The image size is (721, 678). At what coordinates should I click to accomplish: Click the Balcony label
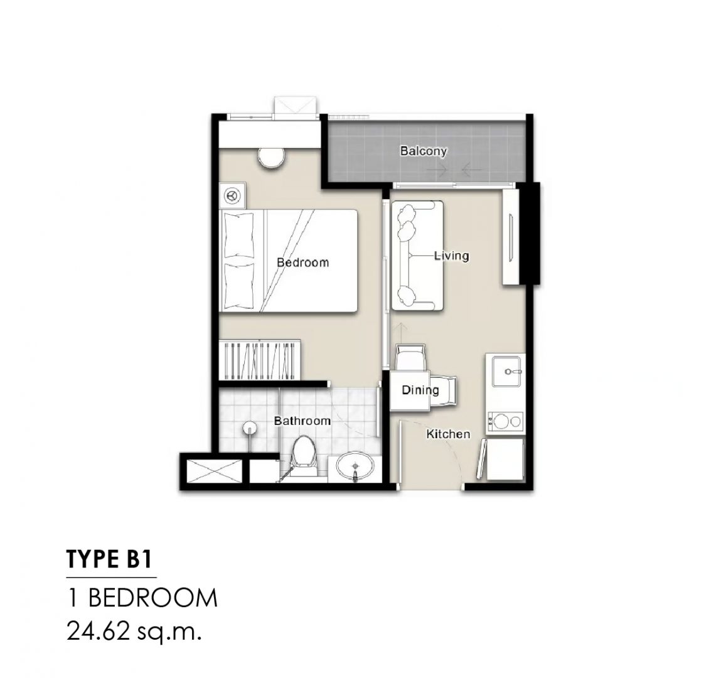tap(423, 151)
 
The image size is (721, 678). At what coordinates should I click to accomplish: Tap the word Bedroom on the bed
tap(302, 262)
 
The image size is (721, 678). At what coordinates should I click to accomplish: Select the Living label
tap(452, 256)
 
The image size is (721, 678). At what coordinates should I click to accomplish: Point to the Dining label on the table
tap(420, 390)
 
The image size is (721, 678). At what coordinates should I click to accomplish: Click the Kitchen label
tap(448, 434)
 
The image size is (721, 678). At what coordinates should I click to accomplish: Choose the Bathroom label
tap(302, 421)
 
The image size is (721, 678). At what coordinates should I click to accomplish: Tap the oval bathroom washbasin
tap(355, 467)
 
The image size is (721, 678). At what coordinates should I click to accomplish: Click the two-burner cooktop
tap(505, 421)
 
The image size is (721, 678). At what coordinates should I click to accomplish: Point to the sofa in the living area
tap(417, 256)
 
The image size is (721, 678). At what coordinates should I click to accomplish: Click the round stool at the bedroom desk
tap(271, 158)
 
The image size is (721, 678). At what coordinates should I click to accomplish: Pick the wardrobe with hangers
tap(260, 360)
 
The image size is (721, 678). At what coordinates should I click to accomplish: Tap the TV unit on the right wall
tap(511, 237)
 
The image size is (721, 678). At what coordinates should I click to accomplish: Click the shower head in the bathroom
tap(249, 428)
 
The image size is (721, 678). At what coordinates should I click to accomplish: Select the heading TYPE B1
tap(109, 559)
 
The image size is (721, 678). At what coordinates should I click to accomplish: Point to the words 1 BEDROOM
tap(142, 598)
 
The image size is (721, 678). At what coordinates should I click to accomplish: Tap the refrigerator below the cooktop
tap(505, 459)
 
